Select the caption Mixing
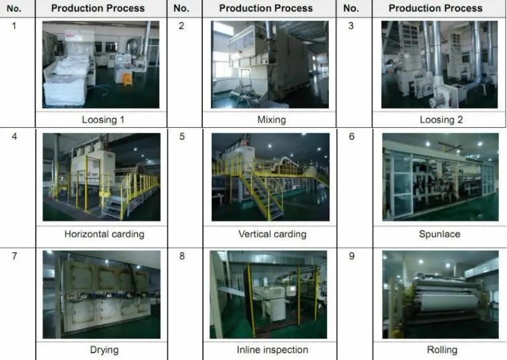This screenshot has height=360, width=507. coord(271,120)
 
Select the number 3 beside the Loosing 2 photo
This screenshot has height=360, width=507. coord(350,25)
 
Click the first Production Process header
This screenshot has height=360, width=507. coord(98,8)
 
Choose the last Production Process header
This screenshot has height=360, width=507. coord(435,8)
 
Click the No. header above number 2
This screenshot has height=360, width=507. coord(181,8)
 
